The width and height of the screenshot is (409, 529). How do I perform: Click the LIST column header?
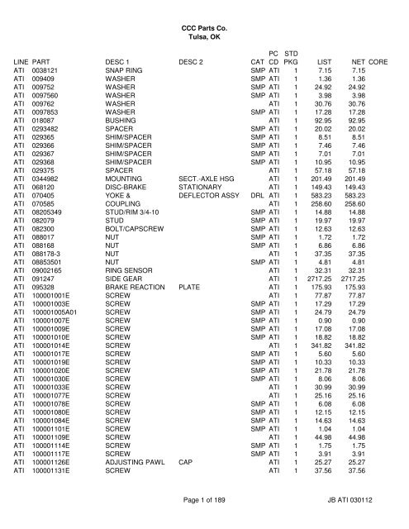pos(326,61)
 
